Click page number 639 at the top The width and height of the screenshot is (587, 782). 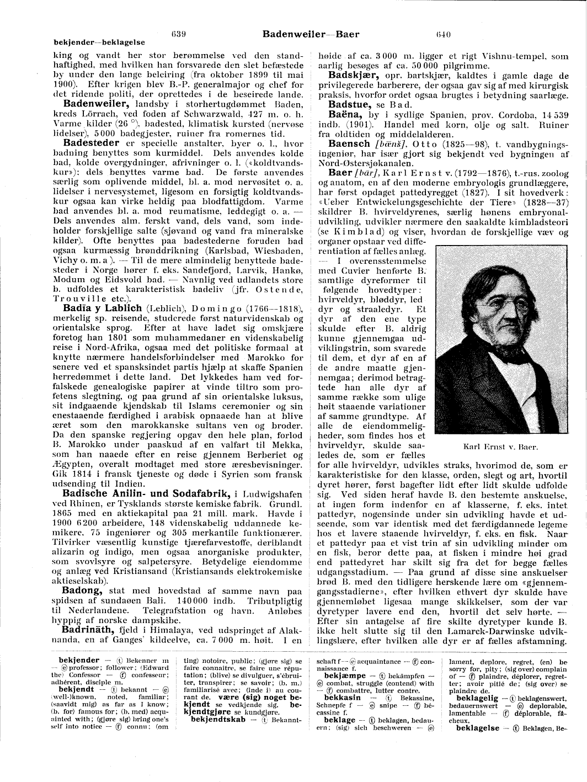pyautogui.click(x=178, y=34)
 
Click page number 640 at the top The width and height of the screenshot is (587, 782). pyautogui.click(x=443, y=34)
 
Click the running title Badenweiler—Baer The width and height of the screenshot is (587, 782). pyautogui.click(x=311, y=34)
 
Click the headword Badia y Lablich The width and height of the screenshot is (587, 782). pyautogui.click(x=102, y=307)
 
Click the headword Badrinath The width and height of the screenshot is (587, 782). pyautogui.click(x=88, y=629)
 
